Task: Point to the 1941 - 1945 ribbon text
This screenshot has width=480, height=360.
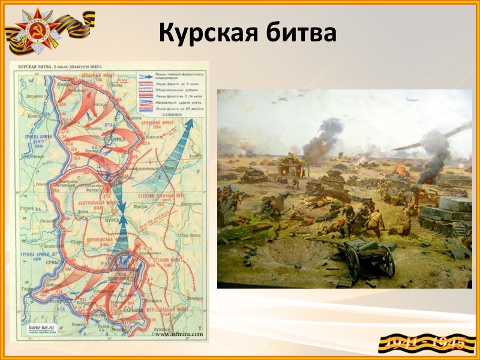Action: (x=427, y=343)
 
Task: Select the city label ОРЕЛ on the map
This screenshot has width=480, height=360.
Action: (x=112, y=138)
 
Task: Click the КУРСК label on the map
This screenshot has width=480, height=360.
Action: (x=113, y=220)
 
